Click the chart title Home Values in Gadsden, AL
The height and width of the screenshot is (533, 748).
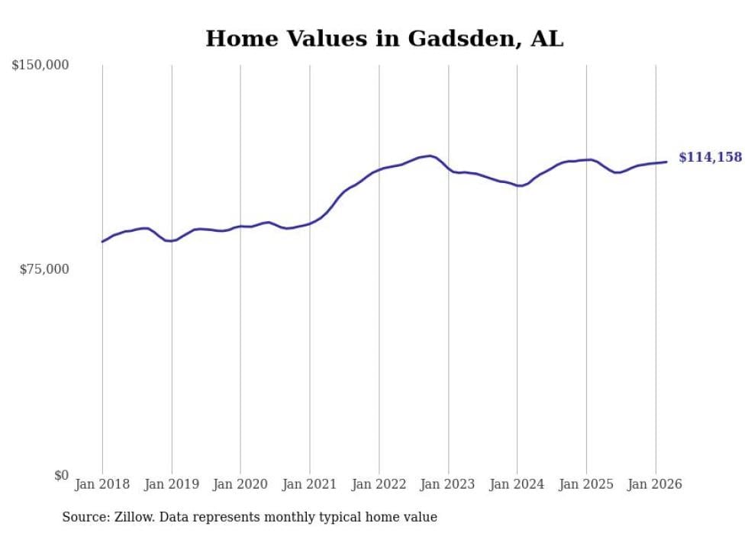(384, 39)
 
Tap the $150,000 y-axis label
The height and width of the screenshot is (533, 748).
(40, 66)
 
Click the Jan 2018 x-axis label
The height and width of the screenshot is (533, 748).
(102, 484)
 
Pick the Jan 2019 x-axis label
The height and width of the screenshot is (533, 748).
(172, 484)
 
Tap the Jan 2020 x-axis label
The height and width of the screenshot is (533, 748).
(240, 484)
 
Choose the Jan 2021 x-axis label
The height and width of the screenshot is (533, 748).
(310, 484)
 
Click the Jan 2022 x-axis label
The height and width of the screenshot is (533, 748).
(379, 484)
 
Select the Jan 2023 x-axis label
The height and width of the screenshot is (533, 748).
(448, 484)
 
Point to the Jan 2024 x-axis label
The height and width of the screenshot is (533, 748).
(517, 484)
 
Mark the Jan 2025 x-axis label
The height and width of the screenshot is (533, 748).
(586, 484)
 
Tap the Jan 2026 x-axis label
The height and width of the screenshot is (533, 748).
(656, 484)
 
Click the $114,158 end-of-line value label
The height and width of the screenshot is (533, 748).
(710, 157)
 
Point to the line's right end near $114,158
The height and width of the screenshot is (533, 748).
(666, 162)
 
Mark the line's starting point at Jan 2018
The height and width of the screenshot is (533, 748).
(102, 242)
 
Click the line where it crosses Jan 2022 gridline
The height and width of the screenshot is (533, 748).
(379, 169)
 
